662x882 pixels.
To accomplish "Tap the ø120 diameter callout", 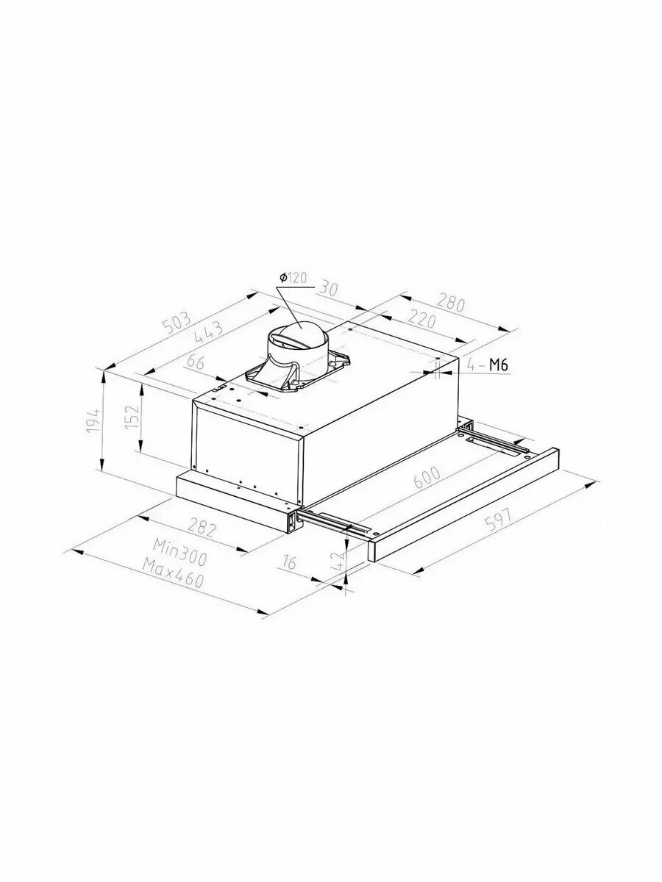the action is (293, 278).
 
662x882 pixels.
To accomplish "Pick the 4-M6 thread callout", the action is (488, 365).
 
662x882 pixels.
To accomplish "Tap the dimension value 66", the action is (196, 363).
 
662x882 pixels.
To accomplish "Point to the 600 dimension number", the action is (427, 478).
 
